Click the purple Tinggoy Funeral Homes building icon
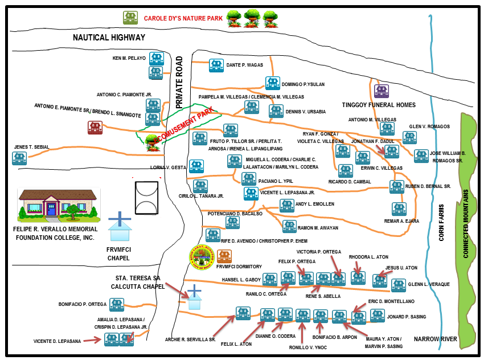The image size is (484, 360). (380, 91)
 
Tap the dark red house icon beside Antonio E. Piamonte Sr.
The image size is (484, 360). (95, 128)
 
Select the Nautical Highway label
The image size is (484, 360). (109, 38)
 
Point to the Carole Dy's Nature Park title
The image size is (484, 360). (182, 18)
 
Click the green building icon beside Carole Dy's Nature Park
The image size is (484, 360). (130, 18)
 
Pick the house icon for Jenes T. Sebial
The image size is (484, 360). (20, 158)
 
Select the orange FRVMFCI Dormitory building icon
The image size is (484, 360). (224, 257)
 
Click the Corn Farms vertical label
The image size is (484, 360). (442, 223)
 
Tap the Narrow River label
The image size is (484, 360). (436, 339)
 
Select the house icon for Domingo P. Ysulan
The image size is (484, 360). (273, 83)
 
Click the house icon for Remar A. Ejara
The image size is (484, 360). (399, 209)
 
